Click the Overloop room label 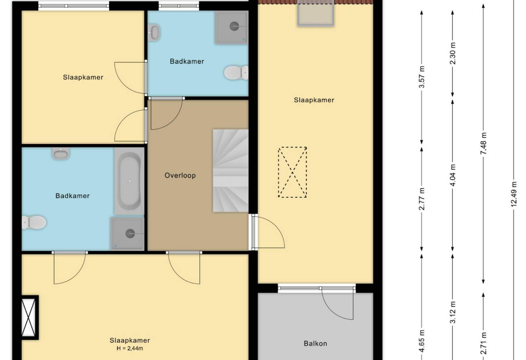point(180,176)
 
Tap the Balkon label point(315,343)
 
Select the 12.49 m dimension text point(514,194)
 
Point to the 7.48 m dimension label point(484,143)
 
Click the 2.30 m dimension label point(453,53)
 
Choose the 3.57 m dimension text point(422,77)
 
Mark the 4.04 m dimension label point(453,175)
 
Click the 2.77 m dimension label point(422,199)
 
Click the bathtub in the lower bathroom point(129,181)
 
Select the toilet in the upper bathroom point(236,72)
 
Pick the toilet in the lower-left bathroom point(34,222)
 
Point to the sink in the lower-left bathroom point(61,153)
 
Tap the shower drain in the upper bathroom point(234,26)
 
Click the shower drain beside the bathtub point(130,233)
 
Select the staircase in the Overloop point(231,171)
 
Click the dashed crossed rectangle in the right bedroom point(293,172)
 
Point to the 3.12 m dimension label point(453,312)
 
